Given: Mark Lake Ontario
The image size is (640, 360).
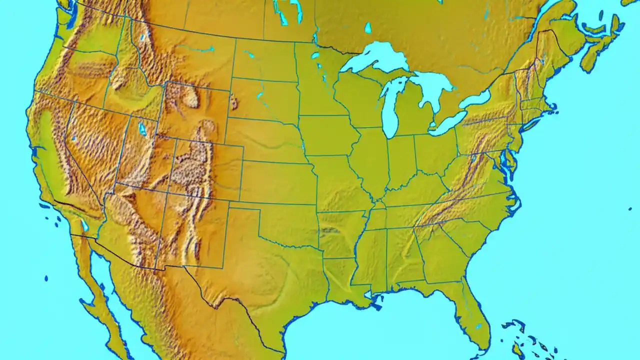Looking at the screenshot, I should click(474, 99).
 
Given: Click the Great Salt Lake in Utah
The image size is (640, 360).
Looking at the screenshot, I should click(142, 129).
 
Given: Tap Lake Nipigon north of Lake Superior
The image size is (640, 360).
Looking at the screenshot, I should click(368, 27).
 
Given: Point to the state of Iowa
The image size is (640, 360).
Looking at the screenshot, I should click(327, 135).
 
